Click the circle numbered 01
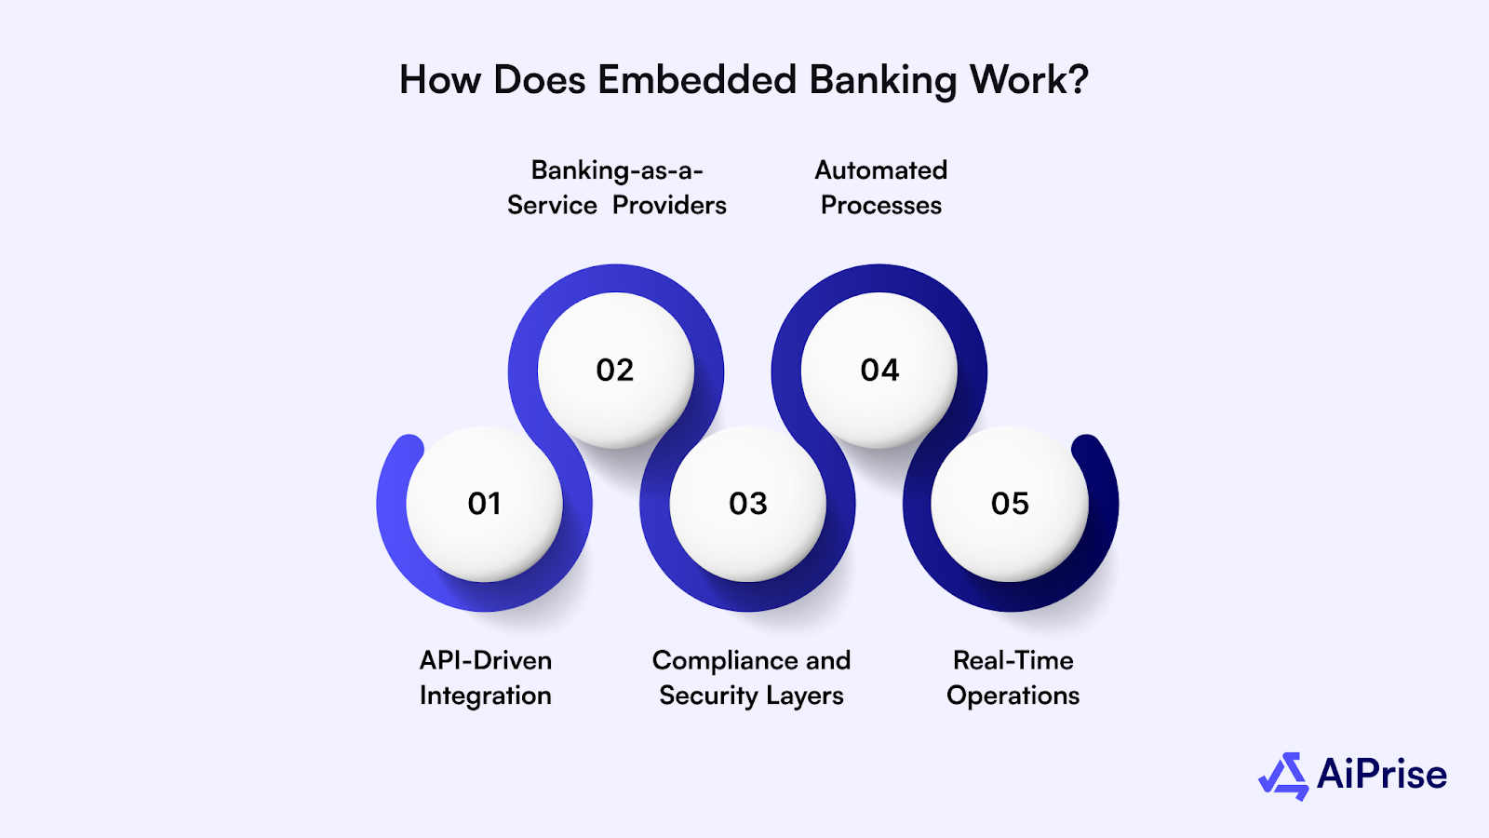coord(484,504)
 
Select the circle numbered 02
coord(615,371)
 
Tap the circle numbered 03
coord(748,504)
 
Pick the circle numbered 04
coord(879,371)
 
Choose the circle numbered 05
coord(1010,504)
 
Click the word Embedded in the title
coord(697,80)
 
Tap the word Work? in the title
coord(1029,80)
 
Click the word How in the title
coord(441,80)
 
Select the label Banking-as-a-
coord(617,170)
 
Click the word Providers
coord(669,205)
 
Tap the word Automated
coord(881,170)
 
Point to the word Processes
coord(881,205)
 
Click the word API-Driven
coord(486,660)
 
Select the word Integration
coord(486,696)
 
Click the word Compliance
coord(725,661)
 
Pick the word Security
coord(708,696)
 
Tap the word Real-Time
coord(1013,660)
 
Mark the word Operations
coord(1013,696)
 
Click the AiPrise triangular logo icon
coord(1284,776)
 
